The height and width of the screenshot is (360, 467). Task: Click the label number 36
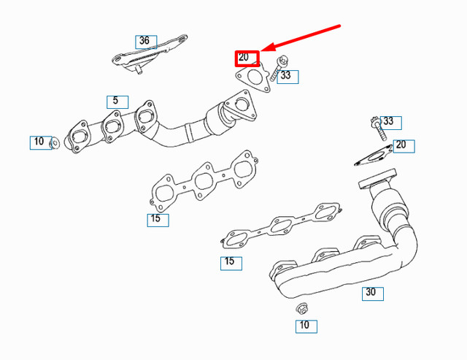(x=144, y=41)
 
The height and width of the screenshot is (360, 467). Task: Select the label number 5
(x=115, y=102)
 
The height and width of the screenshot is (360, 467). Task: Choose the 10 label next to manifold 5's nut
(x=39, y=142)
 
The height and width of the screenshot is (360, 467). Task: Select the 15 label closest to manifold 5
(x=156, y=219)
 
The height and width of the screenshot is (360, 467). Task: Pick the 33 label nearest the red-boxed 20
(x=287, y=75)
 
